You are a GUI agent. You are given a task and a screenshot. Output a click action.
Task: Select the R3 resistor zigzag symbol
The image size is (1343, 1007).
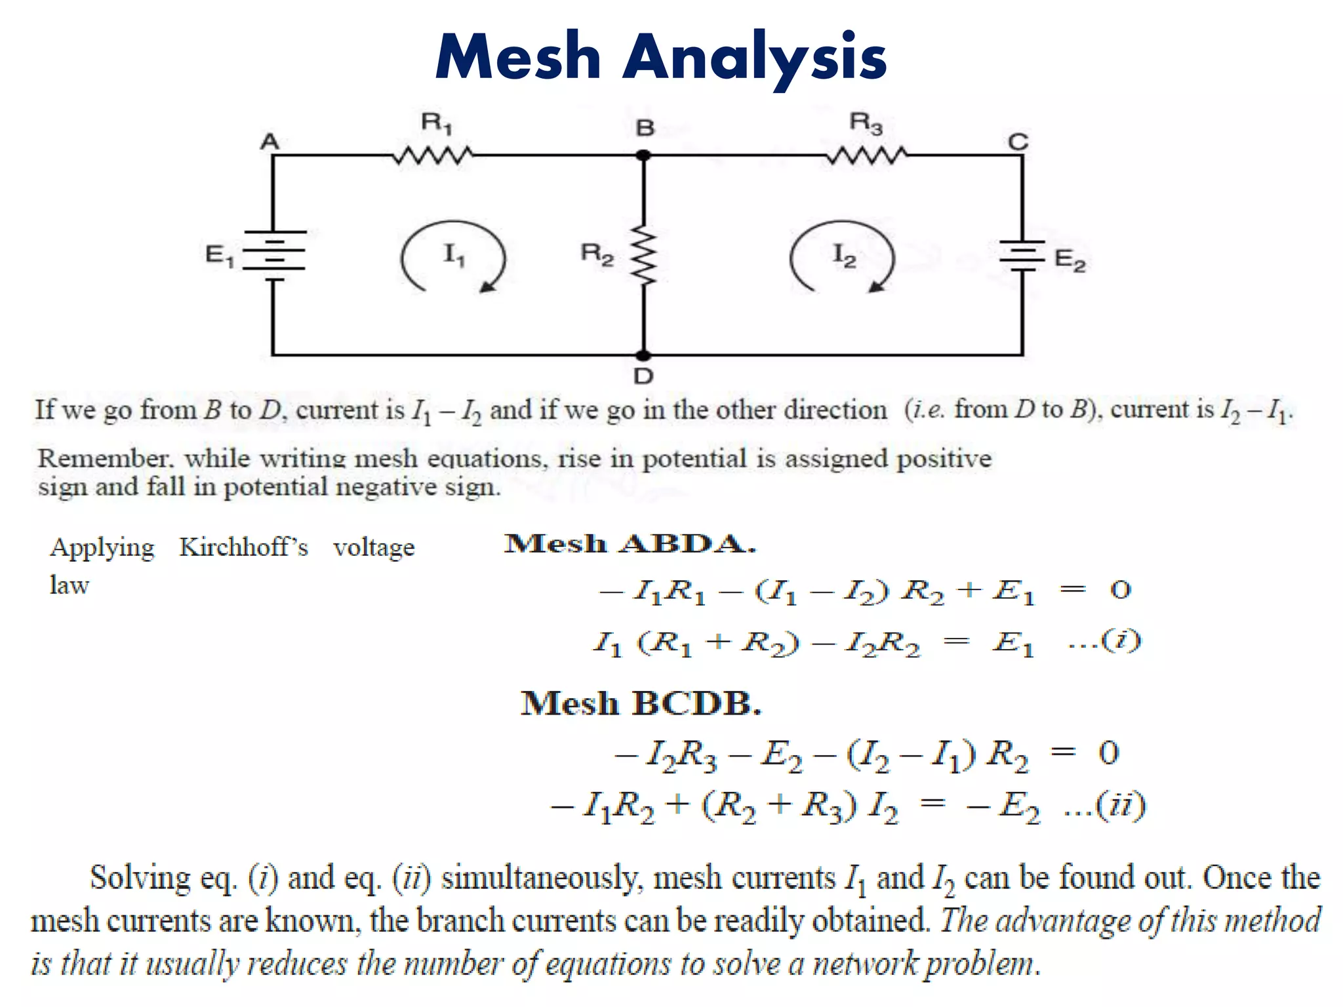866,156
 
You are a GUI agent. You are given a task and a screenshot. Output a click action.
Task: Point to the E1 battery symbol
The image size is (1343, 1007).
275,256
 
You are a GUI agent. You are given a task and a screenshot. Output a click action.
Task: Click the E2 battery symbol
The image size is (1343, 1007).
1022,255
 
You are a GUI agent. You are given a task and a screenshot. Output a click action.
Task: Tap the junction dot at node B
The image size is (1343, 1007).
644,155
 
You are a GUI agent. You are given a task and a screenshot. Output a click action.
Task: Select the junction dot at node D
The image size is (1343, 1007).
644,355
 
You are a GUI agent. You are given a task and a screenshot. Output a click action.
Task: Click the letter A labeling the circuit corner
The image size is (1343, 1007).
270,141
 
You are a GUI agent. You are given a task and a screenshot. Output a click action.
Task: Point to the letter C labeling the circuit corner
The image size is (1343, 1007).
1018,141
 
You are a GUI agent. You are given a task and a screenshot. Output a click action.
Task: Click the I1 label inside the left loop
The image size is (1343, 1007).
454,254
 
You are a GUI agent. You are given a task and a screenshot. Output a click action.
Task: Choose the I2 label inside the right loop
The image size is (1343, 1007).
843,255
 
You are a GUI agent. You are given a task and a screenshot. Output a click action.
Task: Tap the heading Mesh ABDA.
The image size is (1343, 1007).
630,543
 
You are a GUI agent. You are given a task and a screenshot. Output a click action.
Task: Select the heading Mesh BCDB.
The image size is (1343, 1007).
641,703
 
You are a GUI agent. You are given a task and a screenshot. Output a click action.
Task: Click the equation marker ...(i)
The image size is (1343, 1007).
1105,641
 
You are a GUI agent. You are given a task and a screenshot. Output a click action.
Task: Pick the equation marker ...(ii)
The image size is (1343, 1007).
1105,805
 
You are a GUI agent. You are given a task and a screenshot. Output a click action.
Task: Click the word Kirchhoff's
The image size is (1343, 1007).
243,547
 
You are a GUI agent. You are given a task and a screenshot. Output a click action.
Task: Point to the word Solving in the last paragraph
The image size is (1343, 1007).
140,878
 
